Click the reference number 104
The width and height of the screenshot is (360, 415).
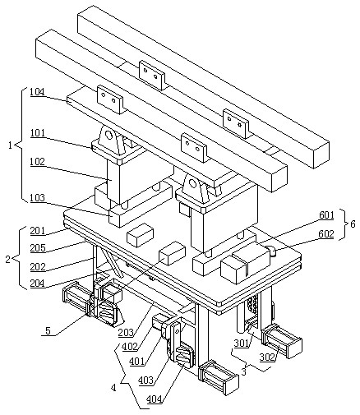(37, 92)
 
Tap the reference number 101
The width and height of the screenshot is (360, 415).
(38, 133)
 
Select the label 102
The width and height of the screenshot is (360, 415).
(38, 162)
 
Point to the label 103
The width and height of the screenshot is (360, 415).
(38, 197)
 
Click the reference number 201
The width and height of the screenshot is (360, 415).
(38, 231)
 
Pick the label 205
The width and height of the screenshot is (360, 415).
(38, 248)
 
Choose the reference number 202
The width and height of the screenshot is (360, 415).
(38, 266)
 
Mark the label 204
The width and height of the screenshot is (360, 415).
(38, 284)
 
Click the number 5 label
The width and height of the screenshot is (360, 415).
(48, 330)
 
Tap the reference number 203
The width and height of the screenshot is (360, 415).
(126, 333)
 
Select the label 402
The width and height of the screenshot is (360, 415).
(130, 347)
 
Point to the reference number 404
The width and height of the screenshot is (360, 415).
(154, 399)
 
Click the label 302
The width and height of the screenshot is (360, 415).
(267, 357)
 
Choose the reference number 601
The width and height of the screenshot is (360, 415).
(326, 215)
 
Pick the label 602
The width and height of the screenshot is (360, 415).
(326, 234)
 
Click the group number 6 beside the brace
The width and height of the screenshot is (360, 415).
(353, 224)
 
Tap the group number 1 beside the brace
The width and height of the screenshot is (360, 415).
(11, 145)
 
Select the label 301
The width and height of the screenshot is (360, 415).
(242, 343)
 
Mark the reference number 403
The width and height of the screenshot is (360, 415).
(145, 380)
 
